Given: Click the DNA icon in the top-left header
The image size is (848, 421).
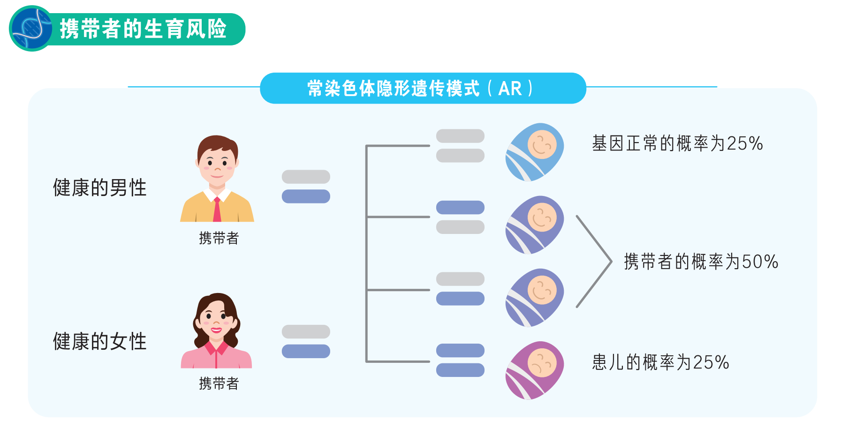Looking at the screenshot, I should (31, 29).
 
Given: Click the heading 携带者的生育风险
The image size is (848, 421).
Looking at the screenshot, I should (143, 29).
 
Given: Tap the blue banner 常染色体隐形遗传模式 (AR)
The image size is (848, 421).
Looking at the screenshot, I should (422, 88).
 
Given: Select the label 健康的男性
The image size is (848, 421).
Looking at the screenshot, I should (99, 188).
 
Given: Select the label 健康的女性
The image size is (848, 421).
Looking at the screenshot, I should (99, 341).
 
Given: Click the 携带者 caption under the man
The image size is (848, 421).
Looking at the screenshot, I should (219, 238).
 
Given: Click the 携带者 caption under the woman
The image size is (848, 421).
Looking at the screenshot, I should (219, 383).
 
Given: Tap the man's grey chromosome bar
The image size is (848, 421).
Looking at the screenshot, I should (306, 177).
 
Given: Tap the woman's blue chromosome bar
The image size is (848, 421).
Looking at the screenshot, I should (306, 351).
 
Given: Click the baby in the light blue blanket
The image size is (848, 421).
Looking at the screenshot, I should (535, 152).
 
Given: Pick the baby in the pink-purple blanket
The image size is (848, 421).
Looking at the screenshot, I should (535, 370).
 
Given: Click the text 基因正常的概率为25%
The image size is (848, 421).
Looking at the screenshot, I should (677, 143).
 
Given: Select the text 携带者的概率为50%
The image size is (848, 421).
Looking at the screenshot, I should (701, 262).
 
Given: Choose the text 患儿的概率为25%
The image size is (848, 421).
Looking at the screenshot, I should (660, 362).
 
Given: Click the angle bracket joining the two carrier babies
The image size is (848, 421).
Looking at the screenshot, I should (595, 261).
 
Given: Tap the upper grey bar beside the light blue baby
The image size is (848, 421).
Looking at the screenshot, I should (460, 136).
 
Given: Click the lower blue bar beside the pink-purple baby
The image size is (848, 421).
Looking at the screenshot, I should (460, 370).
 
